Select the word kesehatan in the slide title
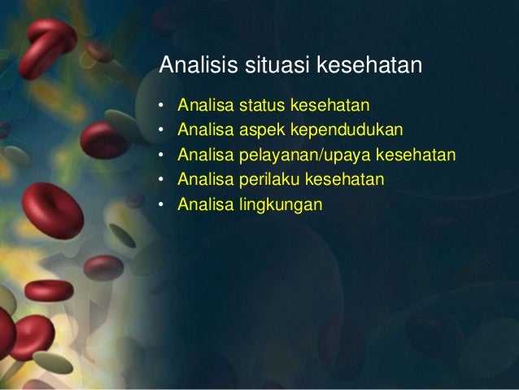coord(369,64)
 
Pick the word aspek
coord(263,130)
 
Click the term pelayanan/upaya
coord(301,156)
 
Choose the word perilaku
coord(268,180)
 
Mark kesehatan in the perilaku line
coord(345,179)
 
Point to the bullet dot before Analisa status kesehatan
coord(161,106)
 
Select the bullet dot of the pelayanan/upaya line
coord(161,156)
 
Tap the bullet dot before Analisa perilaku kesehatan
coord(161,180)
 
